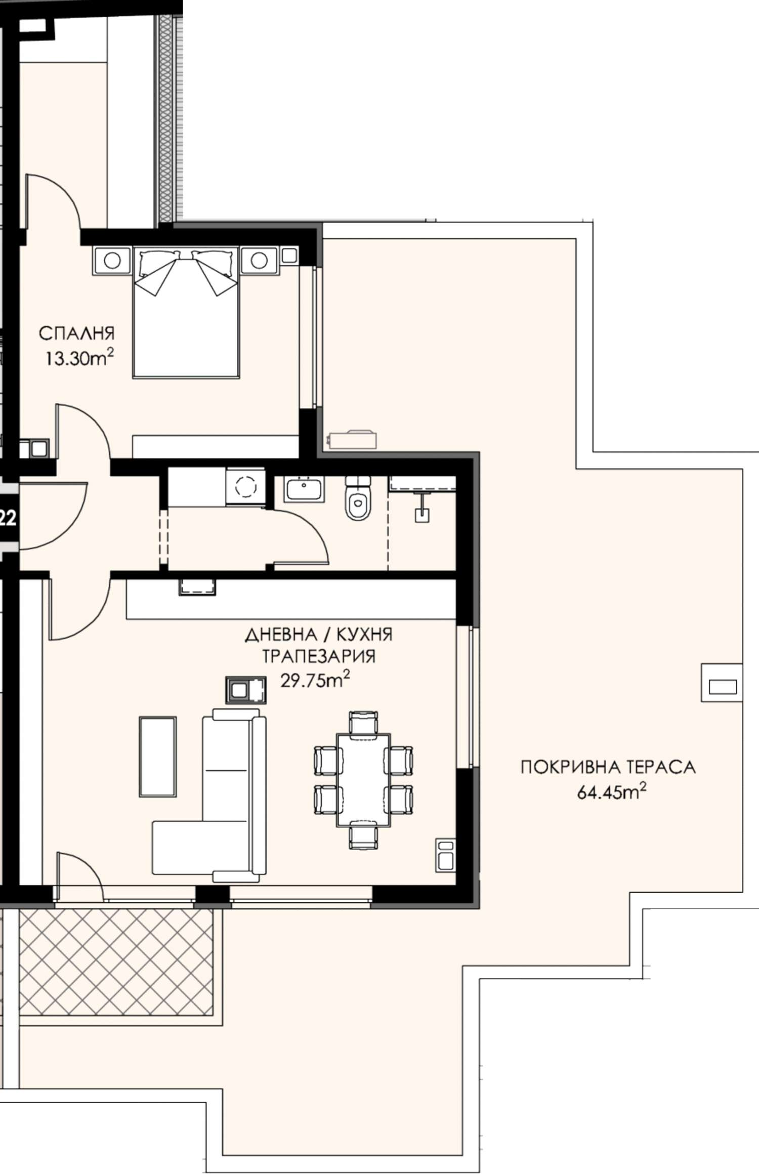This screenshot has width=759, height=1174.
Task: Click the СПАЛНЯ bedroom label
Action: coord(77,333)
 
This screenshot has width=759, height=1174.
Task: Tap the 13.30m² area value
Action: coord(80,358)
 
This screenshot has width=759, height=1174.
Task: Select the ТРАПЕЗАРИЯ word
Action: coord(319,656)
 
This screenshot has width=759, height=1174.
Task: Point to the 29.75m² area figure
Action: coord(315,680)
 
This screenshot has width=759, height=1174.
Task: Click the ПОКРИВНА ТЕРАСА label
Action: coord(608,767)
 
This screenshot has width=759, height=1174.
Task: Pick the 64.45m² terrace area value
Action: coord(612,791)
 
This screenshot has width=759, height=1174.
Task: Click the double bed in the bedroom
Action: coord(186,312)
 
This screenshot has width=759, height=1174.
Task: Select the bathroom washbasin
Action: coord(304,489)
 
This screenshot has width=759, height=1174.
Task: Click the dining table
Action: coord(363,780)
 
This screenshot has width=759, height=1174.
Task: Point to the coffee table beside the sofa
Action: coord(158,757)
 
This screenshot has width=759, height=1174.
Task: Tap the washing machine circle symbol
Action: coord(246,487)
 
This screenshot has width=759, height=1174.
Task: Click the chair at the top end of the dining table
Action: coord(363,723)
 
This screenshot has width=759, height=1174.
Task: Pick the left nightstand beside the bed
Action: coord(112,261)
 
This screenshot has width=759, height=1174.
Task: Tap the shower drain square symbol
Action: coord(422,515)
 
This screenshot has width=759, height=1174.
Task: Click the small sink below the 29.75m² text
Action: coord(245,690)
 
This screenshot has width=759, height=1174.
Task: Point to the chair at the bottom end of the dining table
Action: coord(363,837)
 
